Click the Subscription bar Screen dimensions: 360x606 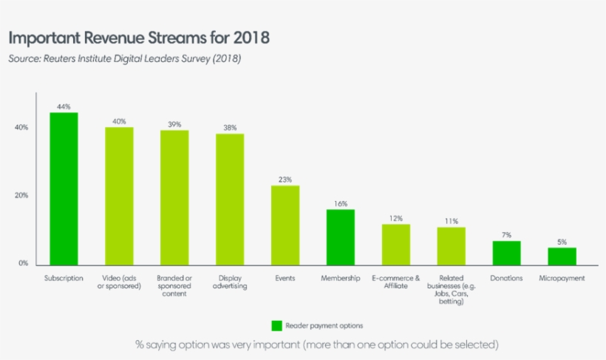click(64, 188)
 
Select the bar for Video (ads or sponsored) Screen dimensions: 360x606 click(119, 195)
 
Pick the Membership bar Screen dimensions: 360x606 click(341, 236)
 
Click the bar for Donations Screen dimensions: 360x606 click(507, 251)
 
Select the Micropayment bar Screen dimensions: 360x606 click(562, 255)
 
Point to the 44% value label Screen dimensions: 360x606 click(64, 106)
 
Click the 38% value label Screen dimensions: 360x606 click(230, 127)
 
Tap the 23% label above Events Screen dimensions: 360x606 click(285, 179)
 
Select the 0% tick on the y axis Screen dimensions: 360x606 click(22, 263)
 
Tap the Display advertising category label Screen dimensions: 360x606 click(230, 282)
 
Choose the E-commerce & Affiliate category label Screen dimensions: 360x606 click(396, 282)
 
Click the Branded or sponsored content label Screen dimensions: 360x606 click(174, 285)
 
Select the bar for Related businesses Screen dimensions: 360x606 click(452, 245)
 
